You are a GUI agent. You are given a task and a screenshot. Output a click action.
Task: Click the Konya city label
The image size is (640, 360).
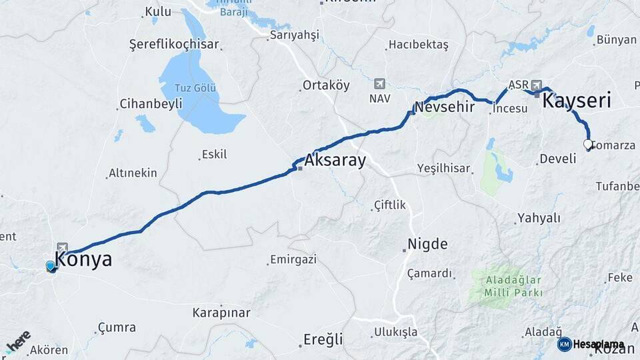83,259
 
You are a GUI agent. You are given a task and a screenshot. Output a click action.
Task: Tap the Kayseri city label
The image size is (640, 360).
577,101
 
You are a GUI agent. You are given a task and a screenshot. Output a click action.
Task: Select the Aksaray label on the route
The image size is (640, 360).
335,161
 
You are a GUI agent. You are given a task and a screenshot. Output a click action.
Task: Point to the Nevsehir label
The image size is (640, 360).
444,107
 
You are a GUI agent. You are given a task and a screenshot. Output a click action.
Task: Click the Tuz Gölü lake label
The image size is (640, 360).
195,88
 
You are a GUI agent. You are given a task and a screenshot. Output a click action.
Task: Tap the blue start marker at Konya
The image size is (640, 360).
51,267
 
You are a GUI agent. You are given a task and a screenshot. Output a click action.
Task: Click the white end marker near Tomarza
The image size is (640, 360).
588,144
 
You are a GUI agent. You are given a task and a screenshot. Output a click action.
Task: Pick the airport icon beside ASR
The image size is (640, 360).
536,85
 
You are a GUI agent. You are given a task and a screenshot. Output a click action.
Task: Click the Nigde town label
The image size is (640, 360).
428,244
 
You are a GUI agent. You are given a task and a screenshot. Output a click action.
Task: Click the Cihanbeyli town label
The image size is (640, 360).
150,104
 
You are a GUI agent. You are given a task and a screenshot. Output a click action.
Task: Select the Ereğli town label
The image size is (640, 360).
323,339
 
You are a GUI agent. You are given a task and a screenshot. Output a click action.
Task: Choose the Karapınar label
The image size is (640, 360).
221,312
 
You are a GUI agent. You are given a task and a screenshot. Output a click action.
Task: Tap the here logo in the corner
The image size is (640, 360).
18,341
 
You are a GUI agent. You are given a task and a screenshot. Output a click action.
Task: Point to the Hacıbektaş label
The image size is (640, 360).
419,45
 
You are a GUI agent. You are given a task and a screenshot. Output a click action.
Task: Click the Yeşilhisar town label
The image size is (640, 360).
443,168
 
